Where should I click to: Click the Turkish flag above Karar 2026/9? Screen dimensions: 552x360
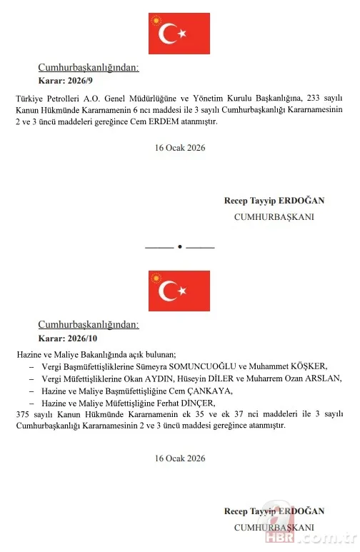(x=169, y=33)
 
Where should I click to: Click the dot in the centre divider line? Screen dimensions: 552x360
(x=179, y=247)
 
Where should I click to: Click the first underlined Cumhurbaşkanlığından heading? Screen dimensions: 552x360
(x=88, y=68)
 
